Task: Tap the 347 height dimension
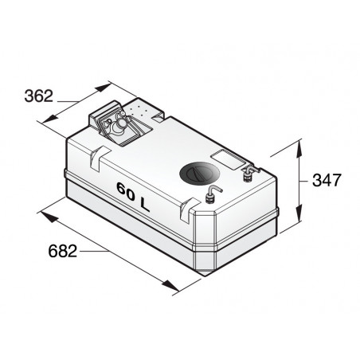pos(327,180)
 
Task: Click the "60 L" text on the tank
pos(132,194)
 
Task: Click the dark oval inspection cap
pos(200,172)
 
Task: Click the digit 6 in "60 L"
pos(120,191)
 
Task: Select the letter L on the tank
pos(144,202)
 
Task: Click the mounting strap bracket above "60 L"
pos(96,159)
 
